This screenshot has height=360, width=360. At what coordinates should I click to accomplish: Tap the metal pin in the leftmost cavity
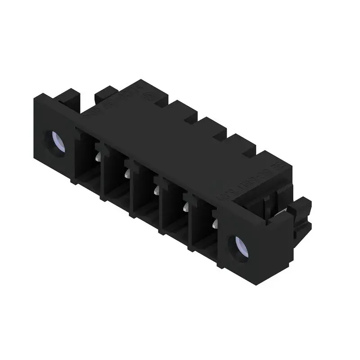pos(98,156)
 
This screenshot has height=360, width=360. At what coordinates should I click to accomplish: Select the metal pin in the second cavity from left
pos(127,173)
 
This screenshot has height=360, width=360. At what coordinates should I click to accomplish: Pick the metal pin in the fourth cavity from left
pos(185,207)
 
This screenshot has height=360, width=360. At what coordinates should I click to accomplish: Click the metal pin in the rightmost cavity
pos(214,224)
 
